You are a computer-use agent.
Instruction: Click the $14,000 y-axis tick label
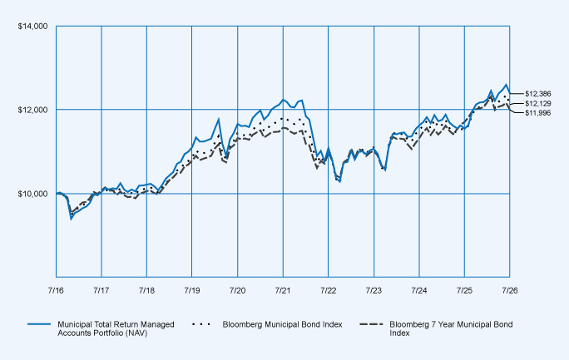coord(32,27)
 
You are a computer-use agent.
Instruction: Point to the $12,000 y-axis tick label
coord(32,110)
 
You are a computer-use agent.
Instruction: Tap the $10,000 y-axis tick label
coord(32,194)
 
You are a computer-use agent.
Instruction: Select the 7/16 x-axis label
coord(56,290)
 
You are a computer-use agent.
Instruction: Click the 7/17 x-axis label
coord(101,290)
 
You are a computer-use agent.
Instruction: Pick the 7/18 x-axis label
coord(146,290)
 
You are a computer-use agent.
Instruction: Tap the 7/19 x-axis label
coord(192,290)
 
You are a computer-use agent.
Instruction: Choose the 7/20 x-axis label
coord(237,290)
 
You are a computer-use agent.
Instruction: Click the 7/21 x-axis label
coord(283,290)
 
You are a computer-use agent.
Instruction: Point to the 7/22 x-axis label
coord(328,290)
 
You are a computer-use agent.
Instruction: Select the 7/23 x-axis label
coord(374,290)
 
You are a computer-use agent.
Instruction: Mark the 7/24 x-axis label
coord(419,290)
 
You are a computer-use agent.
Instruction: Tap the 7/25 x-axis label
coord(464,290)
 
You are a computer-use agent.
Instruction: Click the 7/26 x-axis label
coord(510,290)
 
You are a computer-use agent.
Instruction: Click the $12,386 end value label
coord(538,94)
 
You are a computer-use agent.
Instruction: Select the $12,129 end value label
coord(538,104)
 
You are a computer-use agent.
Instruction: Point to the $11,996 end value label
coord(538,113)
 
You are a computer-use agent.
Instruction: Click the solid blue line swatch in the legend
coord(39,324)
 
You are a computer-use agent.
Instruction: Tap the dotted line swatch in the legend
coord(201,324)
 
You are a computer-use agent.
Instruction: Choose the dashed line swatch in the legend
coord(371,324)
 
